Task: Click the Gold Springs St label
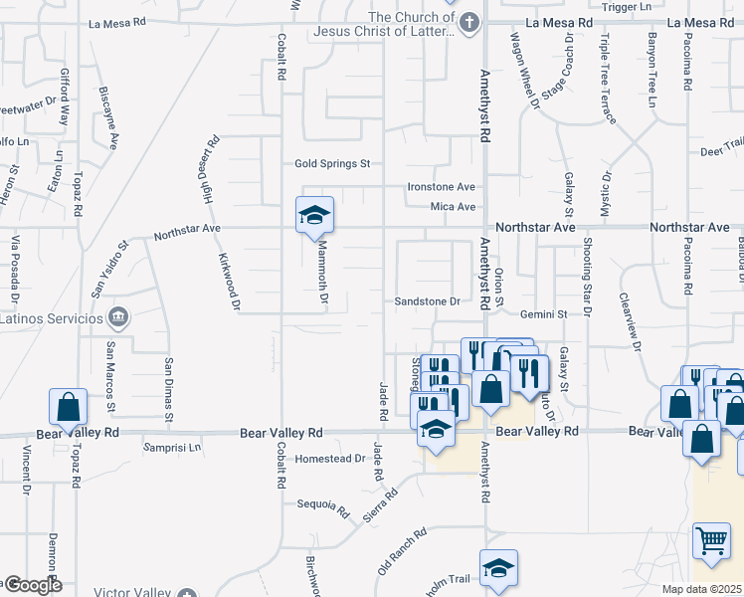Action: [x=332, y=163]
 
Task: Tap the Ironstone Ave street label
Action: [x=442, y=187]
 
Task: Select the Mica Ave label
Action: [x=453, y=207]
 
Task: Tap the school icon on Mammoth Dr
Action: [x=314, y=215]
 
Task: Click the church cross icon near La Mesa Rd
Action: [x=470, y=22]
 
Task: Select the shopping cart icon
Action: [x=712, y=542]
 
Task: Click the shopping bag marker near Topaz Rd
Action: [x=68, y=406]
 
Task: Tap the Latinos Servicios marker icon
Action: [x=118, y=318]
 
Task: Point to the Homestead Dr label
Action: [x=331, y=459]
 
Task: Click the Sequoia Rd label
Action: [x=324, y=508]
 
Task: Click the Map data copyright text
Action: [x=702, y=589]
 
